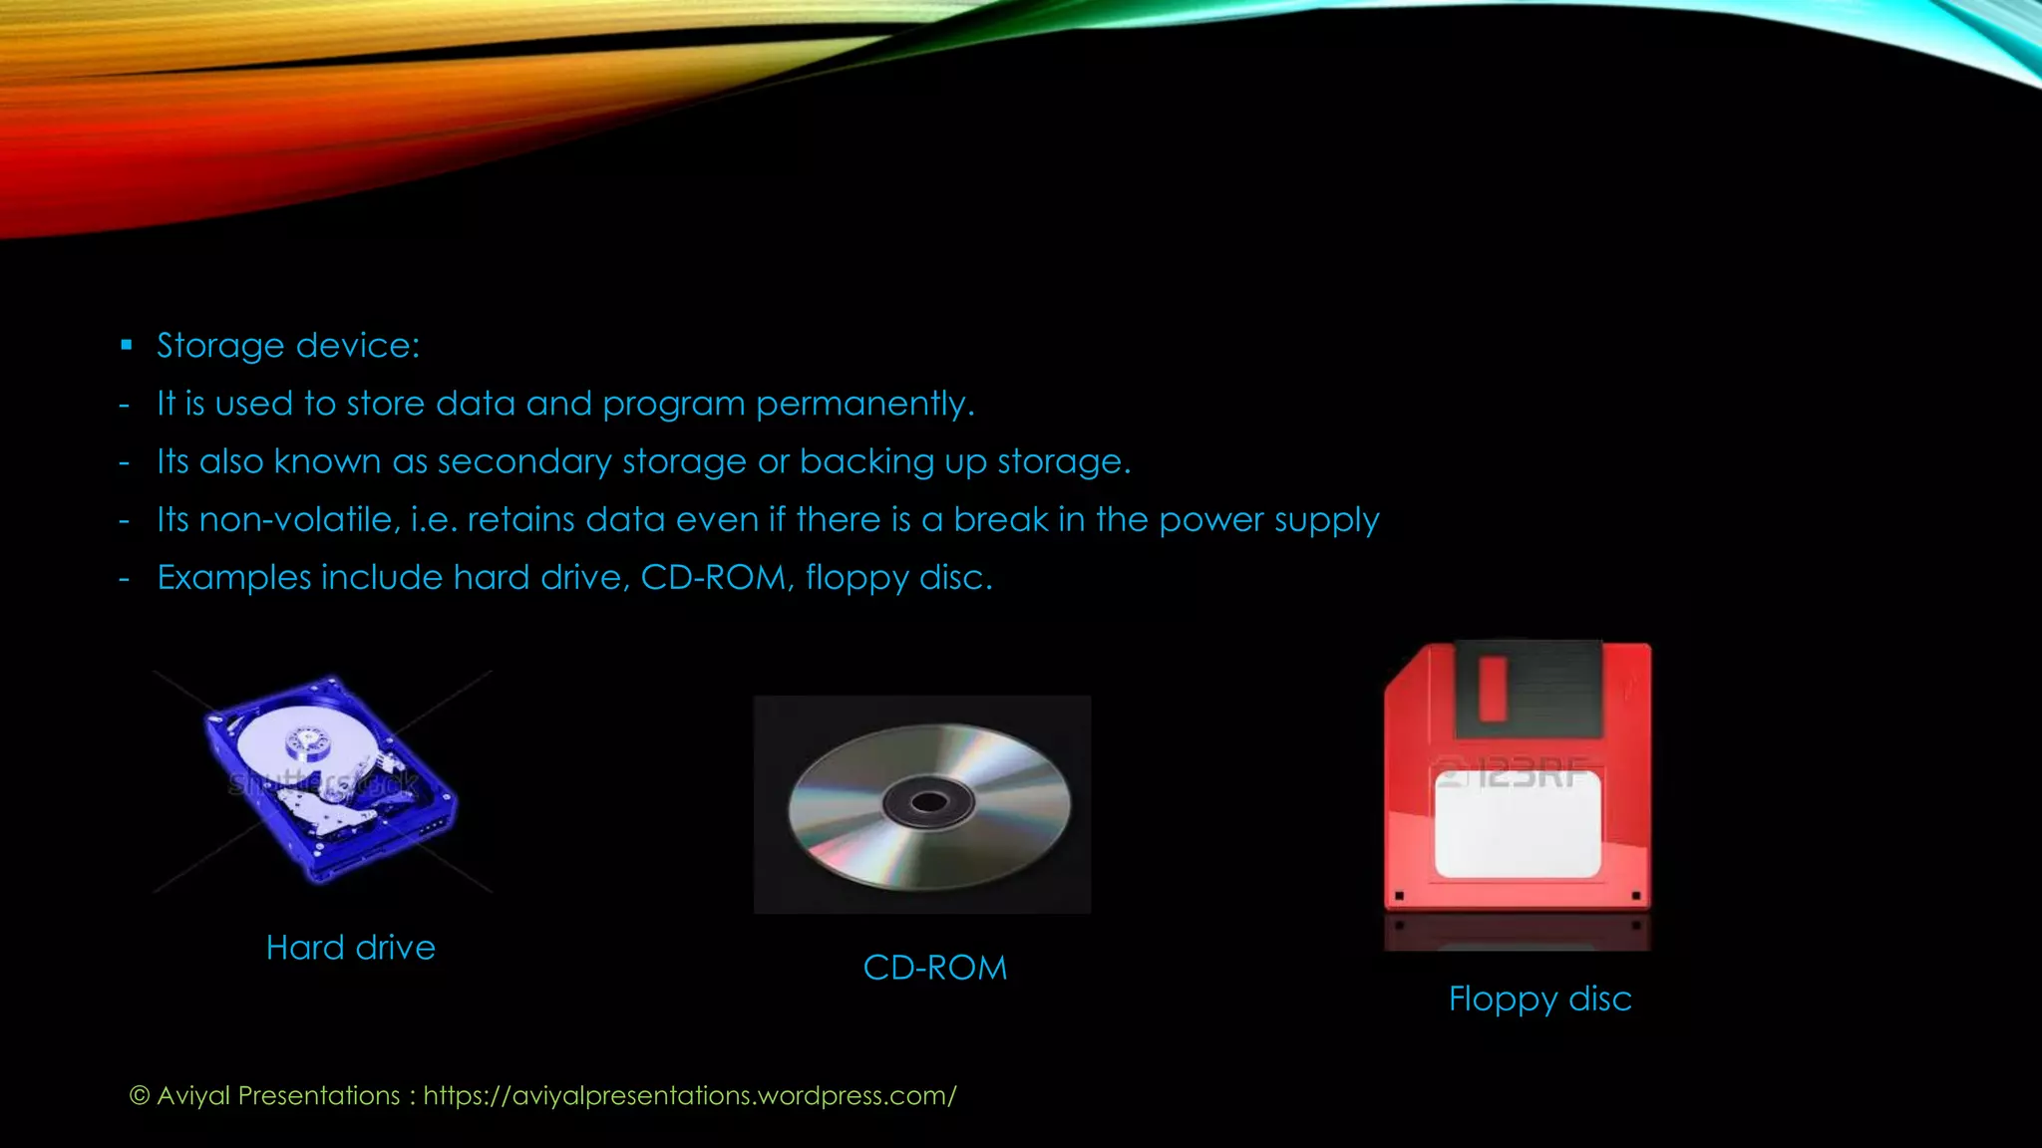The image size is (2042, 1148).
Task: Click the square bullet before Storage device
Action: pos(126,346)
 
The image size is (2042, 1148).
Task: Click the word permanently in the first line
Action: pos(863,404)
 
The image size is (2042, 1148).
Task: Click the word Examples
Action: pos(233,578)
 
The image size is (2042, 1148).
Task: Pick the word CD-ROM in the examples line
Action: pos(714,578)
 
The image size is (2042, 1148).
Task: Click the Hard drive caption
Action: pos(350,947)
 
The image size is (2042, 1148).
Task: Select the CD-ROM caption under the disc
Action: pos(934,968)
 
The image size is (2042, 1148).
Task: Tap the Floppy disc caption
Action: pos(1539,999)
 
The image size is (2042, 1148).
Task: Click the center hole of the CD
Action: pos(929,802)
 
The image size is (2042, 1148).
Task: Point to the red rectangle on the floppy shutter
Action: pos(1493,688)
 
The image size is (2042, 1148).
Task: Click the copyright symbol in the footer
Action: pos(140,1095)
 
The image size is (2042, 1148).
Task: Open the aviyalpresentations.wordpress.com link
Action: pos(689,1095)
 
